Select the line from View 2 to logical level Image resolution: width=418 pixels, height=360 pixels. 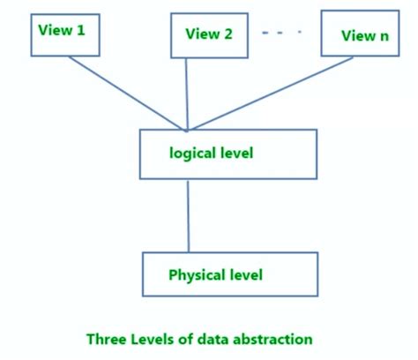(x=187, y=93)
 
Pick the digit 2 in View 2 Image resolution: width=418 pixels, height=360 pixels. (x=228, y=34)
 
